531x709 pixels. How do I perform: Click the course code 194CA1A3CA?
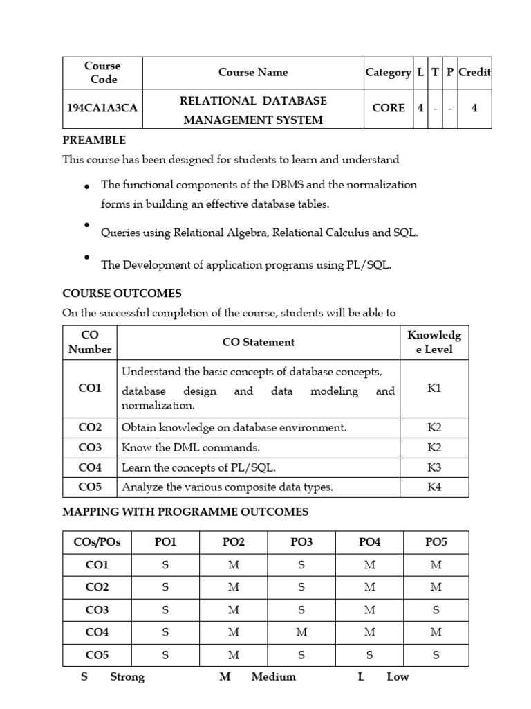point(102,108)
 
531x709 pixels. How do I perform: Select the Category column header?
point(388,72)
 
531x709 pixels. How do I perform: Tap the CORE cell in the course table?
point(388,108)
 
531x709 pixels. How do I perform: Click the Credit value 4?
point(474,108)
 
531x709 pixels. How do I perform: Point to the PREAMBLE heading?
point(94,141)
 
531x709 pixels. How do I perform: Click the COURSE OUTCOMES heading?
point(122,294)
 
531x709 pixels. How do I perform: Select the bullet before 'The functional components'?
point(87,187)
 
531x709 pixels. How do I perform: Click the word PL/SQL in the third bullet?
point(367,265)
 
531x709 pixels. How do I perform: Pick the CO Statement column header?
point(259,342)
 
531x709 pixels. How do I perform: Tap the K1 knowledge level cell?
point(434,388)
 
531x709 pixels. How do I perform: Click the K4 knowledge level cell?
point(434,487)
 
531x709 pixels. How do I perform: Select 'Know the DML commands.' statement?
point(191,447)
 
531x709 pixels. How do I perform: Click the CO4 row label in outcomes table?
point(90,467)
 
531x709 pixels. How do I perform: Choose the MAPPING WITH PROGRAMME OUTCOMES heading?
point(185,512)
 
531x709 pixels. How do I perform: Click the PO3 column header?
point(301,542)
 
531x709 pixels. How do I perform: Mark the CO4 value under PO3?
point(301,632)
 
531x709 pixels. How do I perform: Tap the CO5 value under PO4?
point(370,654)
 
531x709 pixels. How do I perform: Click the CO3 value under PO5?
point(436,610)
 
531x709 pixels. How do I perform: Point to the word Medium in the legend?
point(274,676)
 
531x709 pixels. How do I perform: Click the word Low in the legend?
point(398,676)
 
